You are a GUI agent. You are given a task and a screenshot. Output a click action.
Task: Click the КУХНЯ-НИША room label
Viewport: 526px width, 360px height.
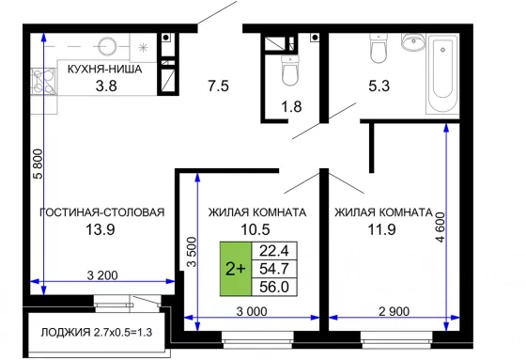point(104,70)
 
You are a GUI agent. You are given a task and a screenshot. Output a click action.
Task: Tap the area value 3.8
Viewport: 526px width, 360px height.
point(106,86)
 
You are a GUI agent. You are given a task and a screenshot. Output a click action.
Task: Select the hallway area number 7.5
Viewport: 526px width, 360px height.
point(218,86)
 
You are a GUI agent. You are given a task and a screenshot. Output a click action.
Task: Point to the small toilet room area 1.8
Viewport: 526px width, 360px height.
point(291,107)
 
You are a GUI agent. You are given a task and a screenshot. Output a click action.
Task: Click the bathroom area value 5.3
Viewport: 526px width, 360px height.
point(379,86)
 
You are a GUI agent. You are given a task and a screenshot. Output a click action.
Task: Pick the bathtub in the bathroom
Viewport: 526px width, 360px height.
point(442,74)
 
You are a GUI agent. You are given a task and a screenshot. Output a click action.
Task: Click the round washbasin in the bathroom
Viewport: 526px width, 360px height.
point(413,42)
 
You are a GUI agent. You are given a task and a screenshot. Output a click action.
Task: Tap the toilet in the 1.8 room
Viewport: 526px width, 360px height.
point(290,70)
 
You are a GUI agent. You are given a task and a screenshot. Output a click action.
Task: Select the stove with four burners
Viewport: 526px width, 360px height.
point(43,81)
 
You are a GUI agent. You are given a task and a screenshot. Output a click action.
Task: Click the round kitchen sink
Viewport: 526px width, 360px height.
point(107,46)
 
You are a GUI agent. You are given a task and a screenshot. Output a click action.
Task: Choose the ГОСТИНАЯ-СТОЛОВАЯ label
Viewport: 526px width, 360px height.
point(102,212)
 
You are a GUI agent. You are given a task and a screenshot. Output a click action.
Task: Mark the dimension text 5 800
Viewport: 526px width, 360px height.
point(39,164)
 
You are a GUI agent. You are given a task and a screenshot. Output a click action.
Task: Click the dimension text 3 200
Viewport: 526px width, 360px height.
point(102,275)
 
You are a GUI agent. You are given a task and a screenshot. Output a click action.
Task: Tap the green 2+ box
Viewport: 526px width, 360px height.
point(236,269)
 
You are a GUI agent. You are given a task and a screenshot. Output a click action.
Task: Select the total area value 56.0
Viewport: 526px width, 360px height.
point(274,287)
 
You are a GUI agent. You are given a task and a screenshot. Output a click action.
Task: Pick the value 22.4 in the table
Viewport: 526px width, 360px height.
point(274,251)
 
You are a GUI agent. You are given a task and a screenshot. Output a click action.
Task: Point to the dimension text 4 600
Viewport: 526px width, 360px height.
point(441,227)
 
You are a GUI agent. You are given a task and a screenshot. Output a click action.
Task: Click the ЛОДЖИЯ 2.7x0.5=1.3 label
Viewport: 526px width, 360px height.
point(96,333)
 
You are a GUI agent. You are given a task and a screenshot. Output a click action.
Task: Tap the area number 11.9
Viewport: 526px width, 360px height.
point(381,229)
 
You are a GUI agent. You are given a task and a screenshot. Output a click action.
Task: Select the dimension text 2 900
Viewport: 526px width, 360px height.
point(394,312)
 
